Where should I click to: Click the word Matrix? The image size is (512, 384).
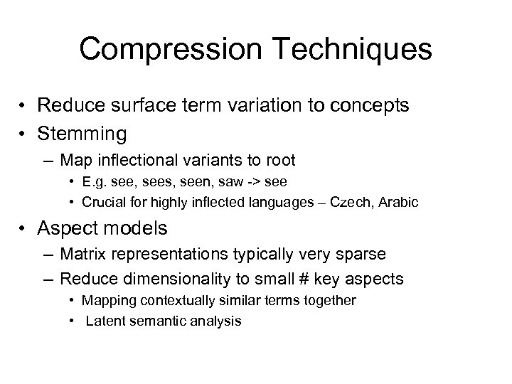click(x=81, y=253)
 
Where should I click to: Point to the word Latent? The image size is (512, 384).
click(x=103, y=321)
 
